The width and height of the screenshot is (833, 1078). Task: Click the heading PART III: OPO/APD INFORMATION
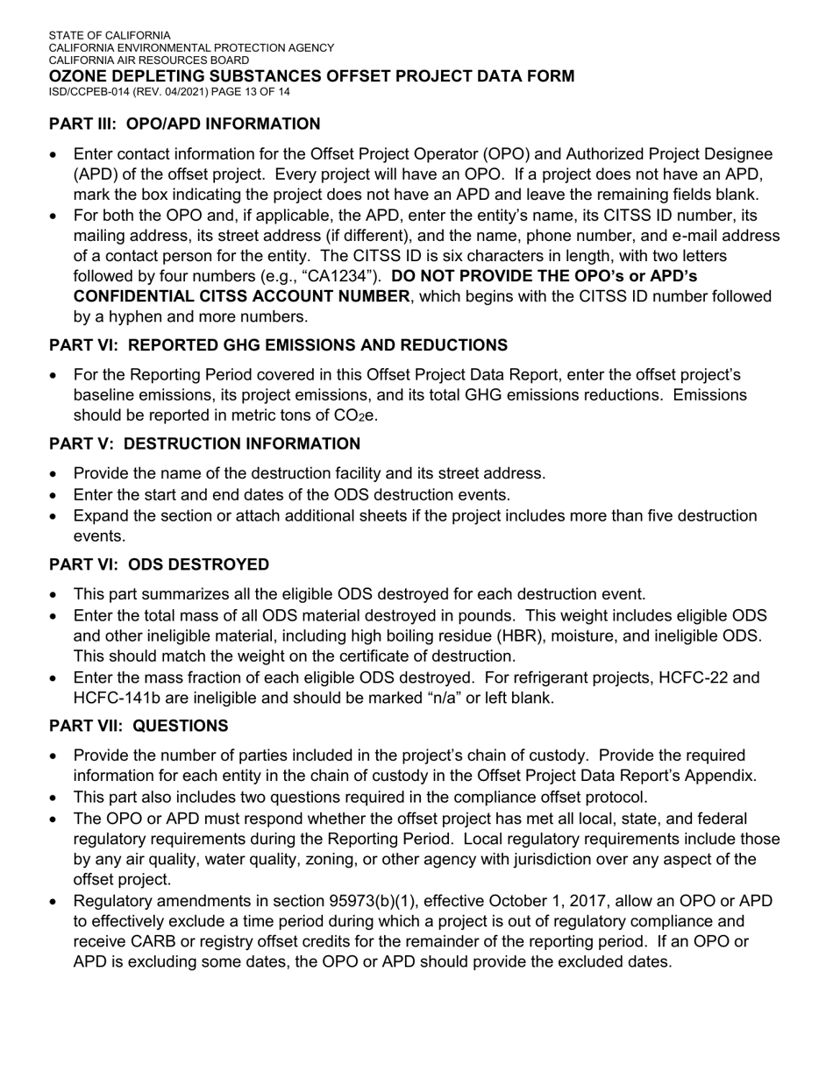click(184, 124)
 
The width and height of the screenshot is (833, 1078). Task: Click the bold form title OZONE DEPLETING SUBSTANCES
click(311, 76)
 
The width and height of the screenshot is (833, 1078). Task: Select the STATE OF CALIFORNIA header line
click(110, 35)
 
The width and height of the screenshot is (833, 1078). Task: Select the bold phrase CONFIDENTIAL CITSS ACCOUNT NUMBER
click(241, 296)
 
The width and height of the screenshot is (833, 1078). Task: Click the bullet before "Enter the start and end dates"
click(55, 495)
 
